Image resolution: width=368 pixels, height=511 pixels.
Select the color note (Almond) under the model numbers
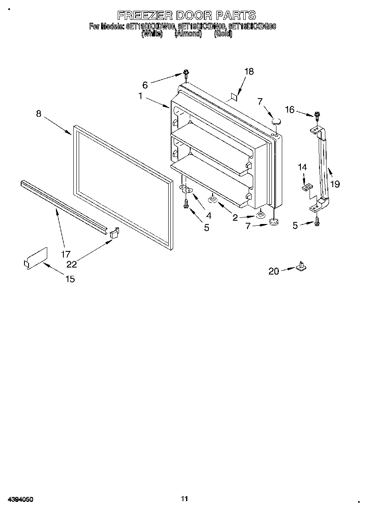(188, 34)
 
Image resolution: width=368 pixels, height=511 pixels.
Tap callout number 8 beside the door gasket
(39, 113)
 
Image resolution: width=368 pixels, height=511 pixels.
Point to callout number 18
(249, 72)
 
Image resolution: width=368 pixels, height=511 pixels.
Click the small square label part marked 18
(234, 98)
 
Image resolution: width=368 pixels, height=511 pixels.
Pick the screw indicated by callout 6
(186, 75)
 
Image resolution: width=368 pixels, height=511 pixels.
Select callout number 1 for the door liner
(141, 96)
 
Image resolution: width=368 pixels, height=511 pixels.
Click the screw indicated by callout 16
(317, 116)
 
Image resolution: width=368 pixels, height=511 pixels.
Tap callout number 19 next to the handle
(335, 184)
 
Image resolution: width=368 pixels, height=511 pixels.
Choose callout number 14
(303, 167)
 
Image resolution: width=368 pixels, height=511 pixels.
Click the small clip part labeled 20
(301, 266)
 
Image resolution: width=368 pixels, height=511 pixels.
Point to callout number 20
(274, 272)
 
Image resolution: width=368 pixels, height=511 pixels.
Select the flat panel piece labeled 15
(36, 258)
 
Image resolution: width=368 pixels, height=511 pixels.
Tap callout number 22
(72, 265)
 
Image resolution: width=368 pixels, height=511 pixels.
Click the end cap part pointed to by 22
(114, 233)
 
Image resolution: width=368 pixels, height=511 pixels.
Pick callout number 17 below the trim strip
(65, 254)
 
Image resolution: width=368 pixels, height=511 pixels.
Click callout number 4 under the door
(209, 215)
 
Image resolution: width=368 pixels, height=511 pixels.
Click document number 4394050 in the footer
(19, 499)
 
